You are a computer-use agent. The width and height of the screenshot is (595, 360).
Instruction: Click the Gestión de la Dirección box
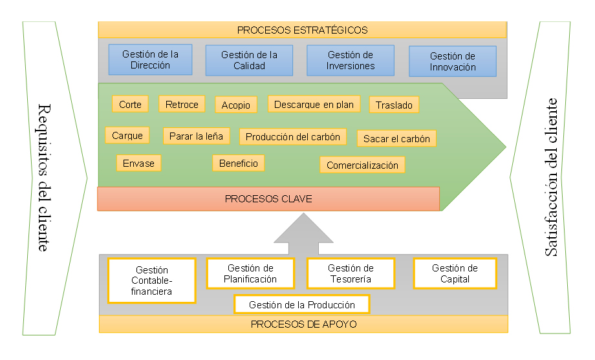(x=151, y=59)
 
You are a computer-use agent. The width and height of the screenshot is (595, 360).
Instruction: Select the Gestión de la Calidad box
(x=249, y=60)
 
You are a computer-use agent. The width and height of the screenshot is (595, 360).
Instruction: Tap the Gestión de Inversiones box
(x=350, y=60)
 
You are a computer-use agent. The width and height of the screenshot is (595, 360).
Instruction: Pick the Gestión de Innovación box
(x=453, y=61)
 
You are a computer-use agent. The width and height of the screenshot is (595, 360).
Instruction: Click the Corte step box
(x=130, y=104)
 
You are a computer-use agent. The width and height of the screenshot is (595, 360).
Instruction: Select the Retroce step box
(x=182, y=104)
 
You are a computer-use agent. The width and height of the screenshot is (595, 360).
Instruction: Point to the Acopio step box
(x=235, y=105)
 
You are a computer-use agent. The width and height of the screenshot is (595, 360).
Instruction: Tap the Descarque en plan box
(x=314, y=104)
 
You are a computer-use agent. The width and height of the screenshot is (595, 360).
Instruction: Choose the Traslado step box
(x=394, y=105)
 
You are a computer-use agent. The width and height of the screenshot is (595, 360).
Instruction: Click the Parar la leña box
(x=195, y=136)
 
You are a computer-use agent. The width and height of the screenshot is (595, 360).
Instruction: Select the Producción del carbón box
(x=293, y=136)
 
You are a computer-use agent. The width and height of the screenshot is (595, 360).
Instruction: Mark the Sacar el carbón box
(x=396, y=138)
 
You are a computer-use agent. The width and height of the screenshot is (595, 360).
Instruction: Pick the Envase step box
(x=138, y=163)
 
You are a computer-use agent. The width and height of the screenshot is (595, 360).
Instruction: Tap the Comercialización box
(x=362, y=165)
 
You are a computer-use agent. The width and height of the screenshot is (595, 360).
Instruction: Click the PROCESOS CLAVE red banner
(x=268, y=199)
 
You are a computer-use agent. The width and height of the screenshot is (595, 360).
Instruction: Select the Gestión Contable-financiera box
(x=151, y=281)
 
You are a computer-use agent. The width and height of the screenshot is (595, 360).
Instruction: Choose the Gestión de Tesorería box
(x=350, y=273)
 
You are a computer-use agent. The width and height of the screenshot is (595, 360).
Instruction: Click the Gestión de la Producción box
(x=302, y=304)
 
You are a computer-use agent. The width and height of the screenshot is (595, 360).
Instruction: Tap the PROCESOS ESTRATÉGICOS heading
(x=302, y=30)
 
